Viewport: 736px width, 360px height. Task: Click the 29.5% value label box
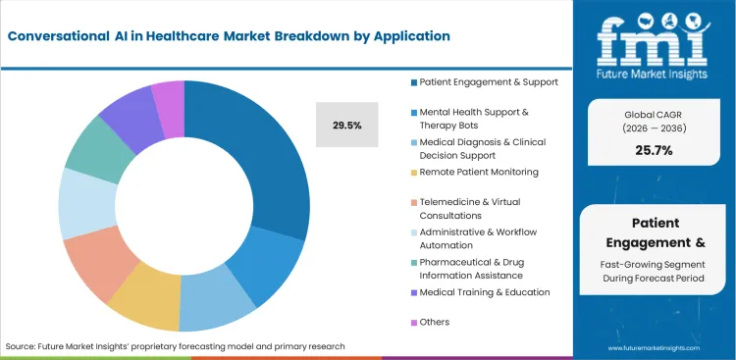pyautogui.click(x=346, y=125)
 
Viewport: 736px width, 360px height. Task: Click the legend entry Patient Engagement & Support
pyautogui.click(x=489, y=81)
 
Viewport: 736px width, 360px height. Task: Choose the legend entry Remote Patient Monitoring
pyautogui.click(x=479, y=172)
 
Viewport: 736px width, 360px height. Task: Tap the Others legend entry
pyautogui.click(x=433, y=321)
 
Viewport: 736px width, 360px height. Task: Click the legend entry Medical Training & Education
pyautogui.click(x=484, y=291)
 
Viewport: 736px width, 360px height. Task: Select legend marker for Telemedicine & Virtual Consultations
pyautogui.click(x=414, y=202)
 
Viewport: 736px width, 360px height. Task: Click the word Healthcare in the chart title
pyautogui.click(x=176, y=36)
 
